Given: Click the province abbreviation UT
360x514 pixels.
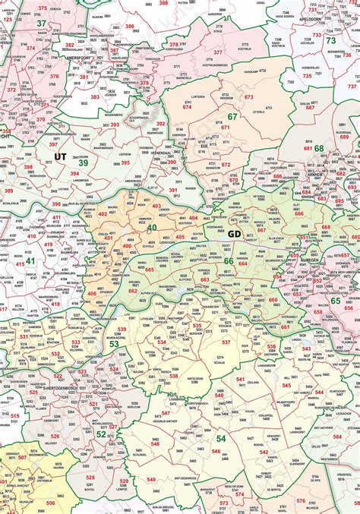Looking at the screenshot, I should (61, 156).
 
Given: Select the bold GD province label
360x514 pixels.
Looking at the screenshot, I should (235, 233).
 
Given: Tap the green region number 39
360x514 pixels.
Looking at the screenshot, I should (83, 162).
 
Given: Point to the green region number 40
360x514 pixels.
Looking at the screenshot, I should (152, 227).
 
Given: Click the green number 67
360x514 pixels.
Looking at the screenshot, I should (232, 116).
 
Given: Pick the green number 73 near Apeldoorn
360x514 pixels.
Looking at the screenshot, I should (330, 40).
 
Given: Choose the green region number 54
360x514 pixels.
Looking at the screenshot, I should (221, 438).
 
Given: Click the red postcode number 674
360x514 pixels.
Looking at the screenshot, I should (187, 108).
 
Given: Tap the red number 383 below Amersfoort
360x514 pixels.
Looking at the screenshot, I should (95, 97).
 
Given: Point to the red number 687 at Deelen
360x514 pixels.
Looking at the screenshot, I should (310, 108).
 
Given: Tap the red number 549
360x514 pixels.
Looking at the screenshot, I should (150, 480).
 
